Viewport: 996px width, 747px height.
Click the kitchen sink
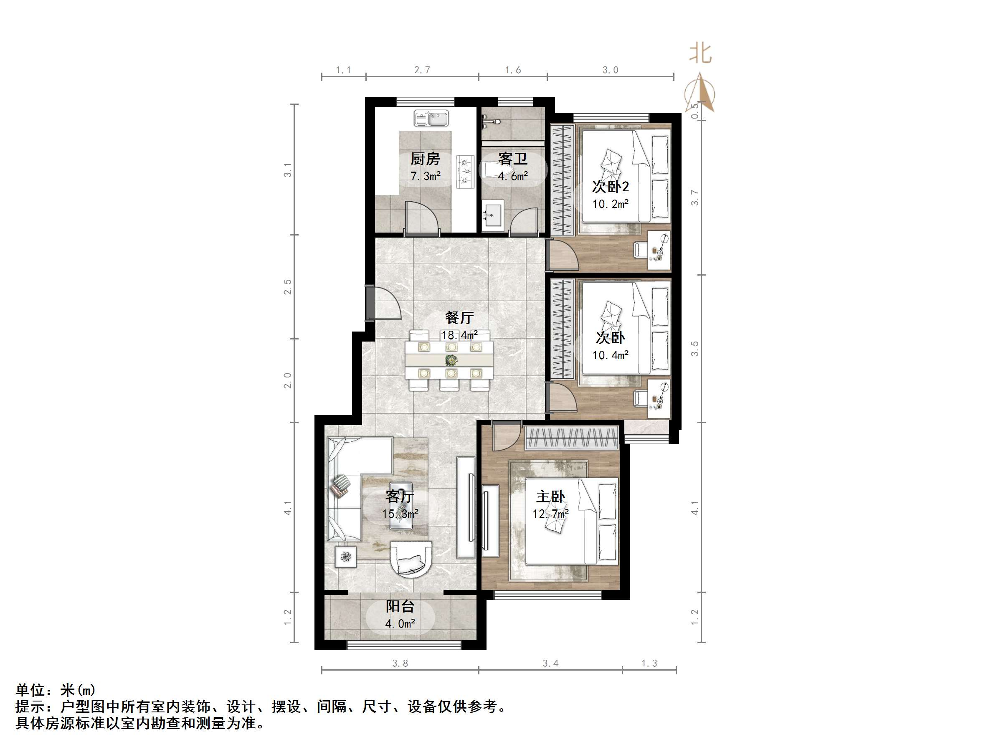[x=431, y=119]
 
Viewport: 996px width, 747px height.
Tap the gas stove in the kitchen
[x=465, y=172]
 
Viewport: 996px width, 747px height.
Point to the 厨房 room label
[x=425, y=159]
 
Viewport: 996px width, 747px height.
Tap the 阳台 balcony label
[x=400, y=606]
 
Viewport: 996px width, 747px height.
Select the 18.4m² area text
[x=459, y=335]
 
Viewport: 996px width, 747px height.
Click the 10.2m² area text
[x=610, y=204]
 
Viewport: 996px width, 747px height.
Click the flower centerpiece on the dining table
[x=450, y=360]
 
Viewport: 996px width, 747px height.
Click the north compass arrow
[x=700, y=93]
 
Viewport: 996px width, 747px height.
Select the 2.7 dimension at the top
[x=422, y=70]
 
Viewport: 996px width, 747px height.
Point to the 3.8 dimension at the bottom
[x=400, y=663]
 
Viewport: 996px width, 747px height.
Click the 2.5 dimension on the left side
[x=288, y=287]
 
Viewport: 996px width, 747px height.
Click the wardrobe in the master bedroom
[x=572, y=438]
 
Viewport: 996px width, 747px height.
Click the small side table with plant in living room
[x=345, y=557]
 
